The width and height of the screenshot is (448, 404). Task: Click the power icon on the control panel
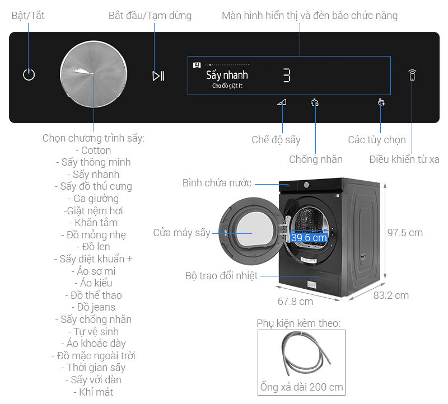[29, 74]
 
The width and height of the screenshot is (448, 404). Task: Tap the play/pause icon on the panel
[158, 76]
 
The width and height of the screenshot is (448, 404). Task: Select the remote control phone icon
[412, 75]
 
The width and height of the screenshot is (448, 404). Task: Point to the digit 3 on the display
[286, 76]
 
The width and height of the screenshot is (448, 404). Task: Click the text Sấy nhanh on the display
[227, 75]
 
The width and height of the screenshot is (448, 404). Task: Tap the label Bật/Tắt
[28, 16]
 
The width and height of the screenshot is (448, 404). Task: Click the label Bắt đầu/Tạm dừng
[150, 16]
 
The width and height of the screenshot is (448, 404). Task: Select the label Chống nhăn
[316, 159]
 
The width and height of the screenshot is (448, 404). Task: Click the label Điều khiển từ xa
[404, 159]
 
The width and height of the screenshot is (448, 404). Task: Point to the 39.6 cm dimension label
[309, 238]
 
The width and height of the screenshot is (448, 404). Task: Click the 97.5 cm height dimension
[405, 232]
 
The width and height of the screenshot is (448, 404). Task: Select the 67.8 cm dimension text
[295, 302]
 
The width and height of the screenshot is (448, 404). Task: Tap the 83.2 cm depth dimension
[391, 295]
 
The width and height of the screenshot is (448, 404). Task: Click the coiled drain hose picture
[301, 355]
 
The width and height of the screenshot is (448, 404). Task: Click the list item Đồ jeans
[93, 307]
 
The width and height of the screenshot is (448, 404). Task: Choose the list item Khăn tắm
[93, 223]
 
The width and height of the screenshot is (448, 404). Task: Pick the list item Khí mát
[93, 392]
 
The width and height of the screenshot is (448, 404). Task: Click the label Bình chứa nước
[217, 183]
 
